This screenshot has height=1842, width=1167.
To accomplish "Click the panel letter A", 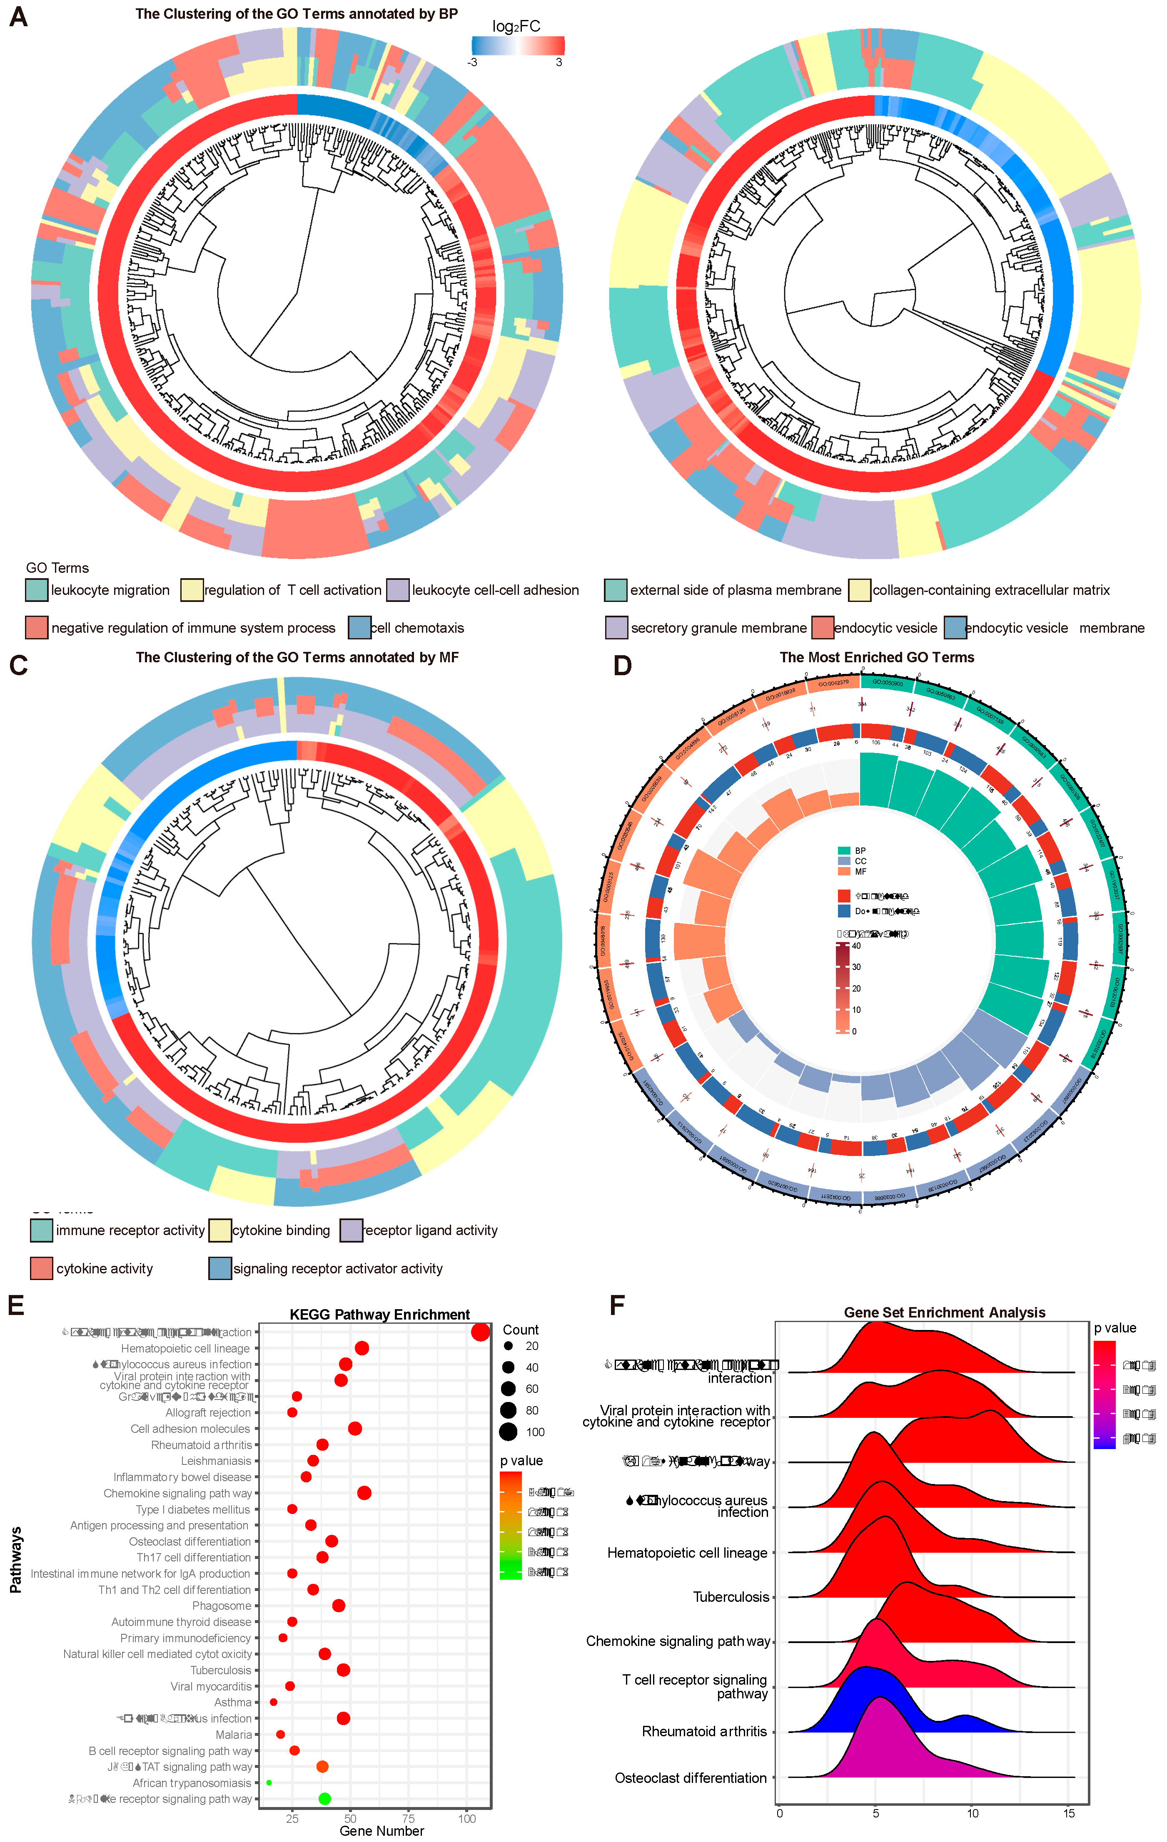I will pos(18,16).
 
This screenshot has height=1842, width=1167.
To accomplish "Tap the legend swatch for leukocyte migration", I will pos(37,590).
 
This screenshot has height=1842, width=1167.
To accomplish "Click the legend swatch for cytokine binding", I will pos(220,1230).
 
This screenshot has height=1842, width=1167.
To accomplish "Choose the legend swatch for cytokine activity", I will pos(41,1268).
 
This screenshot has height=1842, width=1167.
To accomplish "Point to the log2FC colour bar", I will pos(518,45).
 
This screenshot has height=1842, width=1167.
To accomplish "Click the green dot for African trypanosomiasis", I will pos(269,1782).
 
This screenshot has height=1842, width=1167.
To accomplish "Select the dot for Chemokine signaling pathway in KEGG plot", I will pos(364,1493).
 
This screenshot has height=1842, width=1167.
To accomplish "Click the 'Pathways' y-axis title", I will pos(15,1561).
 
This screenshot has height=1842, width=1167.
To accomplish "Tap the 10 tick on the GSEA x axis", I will pos(972,1813).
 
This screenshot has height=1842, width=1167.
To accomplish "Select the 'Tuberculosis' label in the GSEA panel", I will pos(731,1596).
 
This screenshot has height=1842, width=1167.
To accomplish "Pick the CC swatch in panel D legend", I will pos(844,860).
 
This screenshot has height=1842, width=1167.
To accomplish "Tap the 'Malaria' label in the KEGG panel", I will pos(233,1734).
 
